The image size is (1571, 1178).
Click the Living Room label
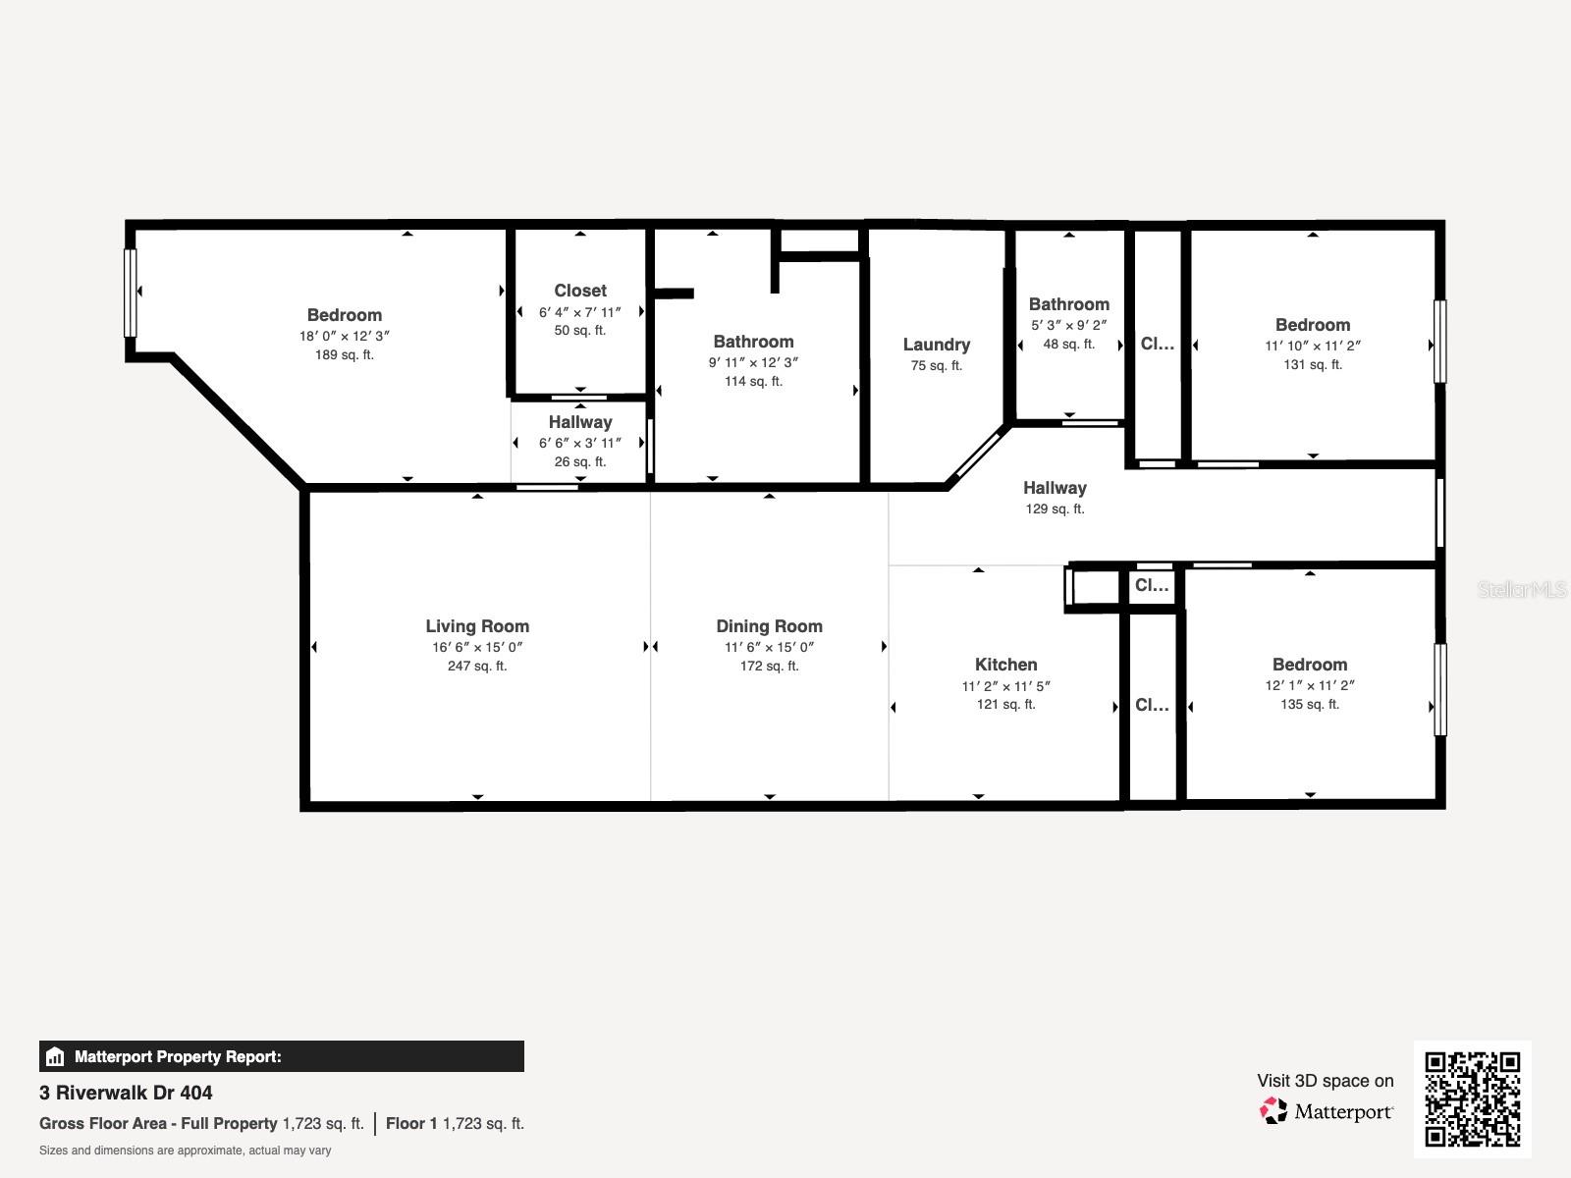click(477, 626)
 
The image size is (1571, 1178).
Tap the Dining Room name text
click(769, 626)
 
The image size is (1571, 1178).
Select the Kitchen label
click(1005, 665)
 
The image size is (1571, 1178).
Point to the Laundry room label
click(936, 345)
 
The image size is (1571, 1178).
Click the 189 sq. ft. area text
click(344, 355)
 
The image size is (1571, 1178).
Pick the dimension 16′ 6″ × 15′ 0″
click(477, 647)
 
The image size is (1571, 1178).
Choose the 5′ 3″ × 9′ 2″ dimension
click(1068, 325)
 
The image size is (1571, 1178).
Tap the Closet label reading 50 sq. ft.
click(579, 291)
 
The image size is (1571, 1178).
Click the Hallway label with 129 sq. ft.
click(1055, 488)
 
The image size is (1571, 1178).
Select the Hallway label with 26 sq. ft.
click(579, 422)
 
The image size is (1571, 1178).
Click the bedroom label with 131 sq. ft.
click(1312, 325)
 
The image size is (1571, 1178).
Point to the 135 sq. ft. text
click(1309, 705)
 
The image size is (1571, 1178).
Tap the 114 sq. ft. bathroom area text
click(753, 382)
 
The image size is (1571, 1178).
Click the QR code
click(1472, 1098)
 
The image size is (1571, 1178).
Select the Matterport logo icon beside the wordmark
click(1273, 1111)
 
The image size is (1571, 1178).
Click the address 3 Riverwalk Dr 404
click(126, 1093)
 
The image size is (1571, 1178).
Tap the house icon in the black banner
click(55, 1057)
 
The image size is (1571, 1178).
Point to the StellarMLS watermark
click(1522, 590)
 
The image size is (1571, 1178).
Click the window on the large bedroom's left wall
click(130, 293)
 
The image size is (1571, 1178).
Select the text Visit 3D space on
click(1325, 1081)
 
